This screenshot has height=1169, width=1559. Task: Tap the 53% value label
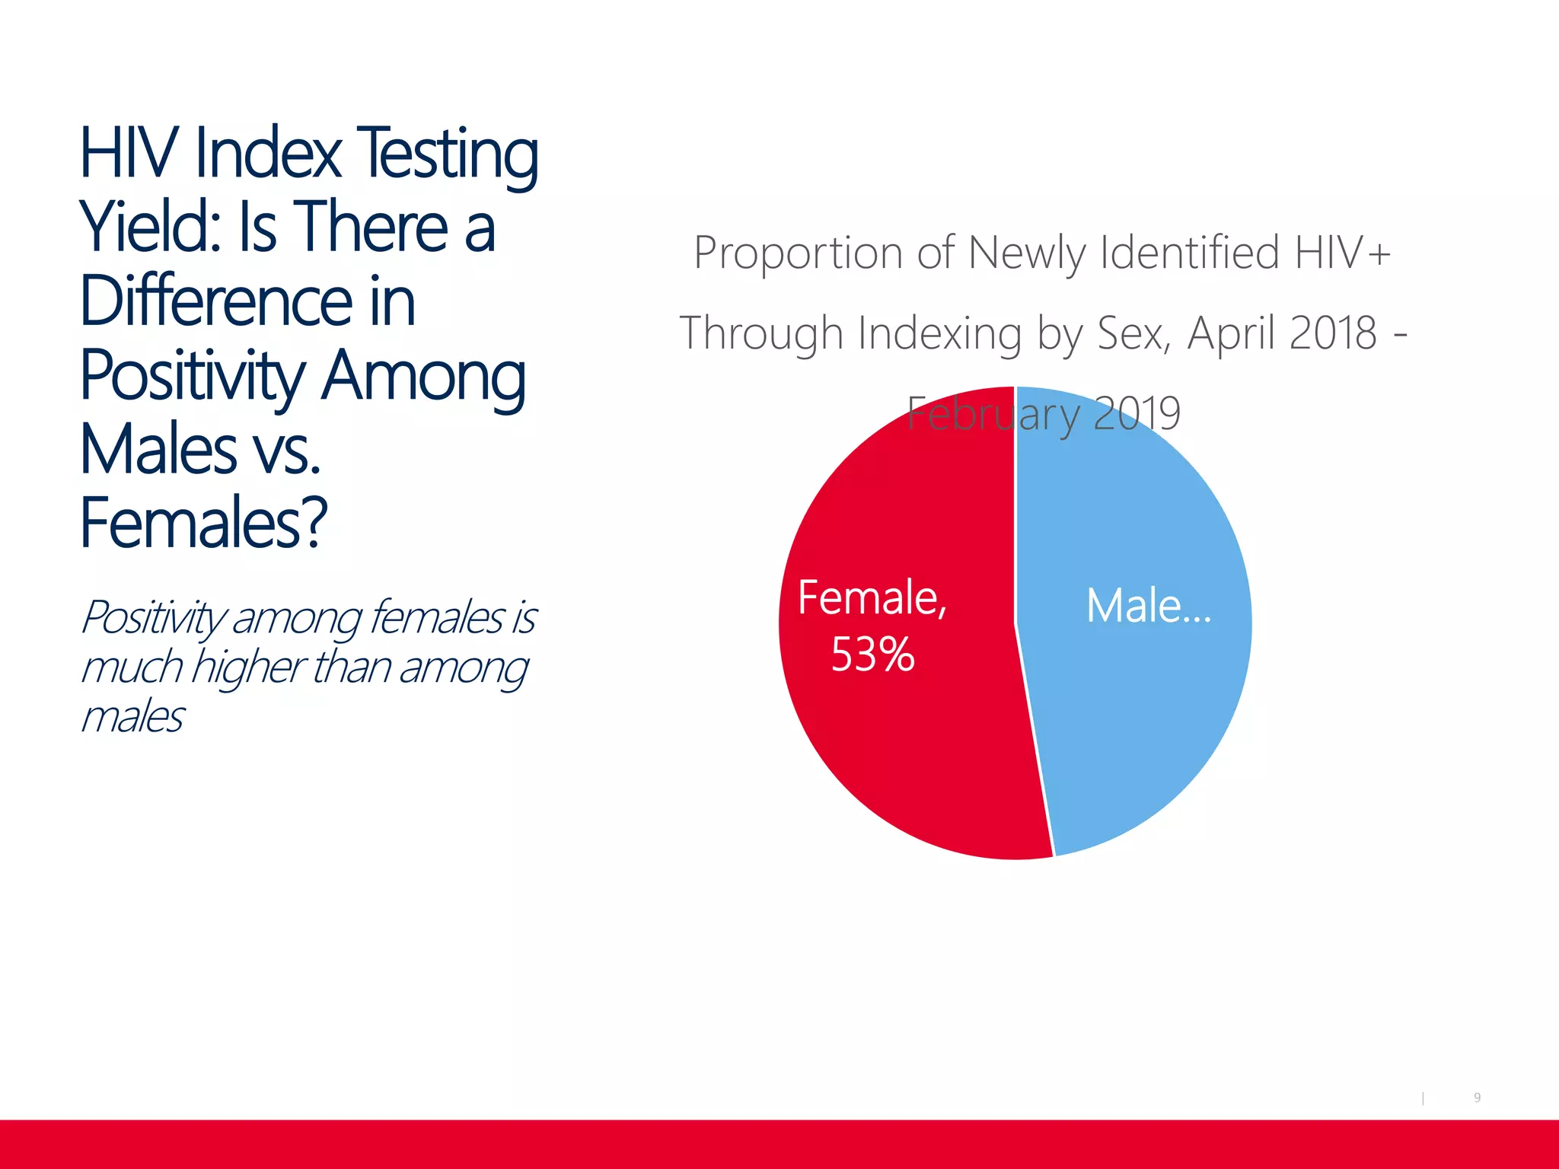pos(872,655)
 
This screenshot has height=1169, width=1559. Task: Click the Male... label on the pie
pos(1148,607)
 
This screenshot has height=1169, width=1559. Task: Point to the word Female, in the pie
pos(872,597)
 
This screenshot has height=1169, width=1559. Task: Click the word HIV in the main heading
pos(129,154)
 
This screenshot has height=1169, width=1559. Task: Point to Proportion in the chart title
pos(798,253)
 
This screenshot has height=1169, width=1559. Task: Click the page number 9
pos(1477,1097)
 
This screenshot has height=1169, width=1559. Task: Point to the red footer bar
pos(779,1144)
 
